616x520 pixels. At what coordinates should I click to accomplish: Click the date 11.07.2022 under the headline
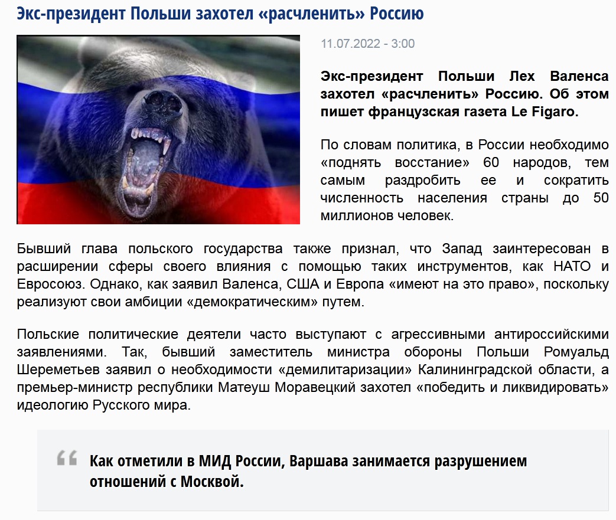coord(350,44)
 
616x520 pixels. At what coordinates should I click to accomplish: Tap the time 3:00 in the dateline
coord(403,44)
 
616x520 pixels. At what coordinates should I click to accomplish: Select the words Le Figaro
coord(545,112)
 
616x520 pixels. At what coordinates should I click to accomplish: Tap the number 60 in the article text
coord(491,162)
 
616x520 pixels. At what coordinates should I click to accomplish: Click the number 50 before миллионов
coord(601,198)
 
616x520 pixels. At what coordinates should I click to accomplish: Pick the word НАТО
coord(572,266)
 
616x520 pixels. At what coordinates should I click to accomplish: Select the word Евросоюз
coord(50,284)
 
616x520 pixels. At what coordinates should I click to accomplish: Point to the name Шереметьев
coord(58,370)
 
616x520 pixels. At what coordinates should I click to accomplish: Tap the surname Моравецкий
coord(316,388)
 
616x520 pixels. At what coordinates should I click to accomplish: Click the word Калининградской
coord(475,370)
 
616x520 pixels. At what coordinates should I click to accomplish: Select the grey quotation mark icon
coord(67,458)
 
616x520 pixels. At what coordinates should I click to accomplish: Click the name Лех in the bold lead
coord(522,76)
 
